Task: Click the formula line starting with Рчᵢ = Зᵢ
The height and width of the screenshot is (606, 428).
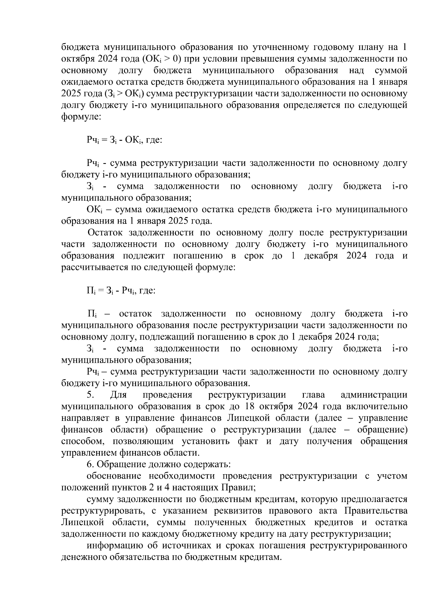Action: pyautogui.click(x=124, y=140)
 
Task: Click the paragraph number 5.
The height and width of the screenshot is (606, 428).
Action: pyautogui.click(x=90, y=395)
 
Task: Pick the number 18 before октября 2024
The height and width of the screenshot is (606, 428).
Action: pyautogui.click(x=250, y=406)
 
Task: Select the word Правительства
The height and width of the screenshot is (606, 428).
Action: pyautogui.click(x=379, y=511)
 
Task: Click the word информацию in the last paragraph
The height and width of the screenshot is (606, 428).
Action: pyautogui.click(x=115, y=546)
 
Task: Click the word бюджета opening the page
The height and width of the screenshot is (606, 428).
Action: pyautogui.click(x=80, y=47)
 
